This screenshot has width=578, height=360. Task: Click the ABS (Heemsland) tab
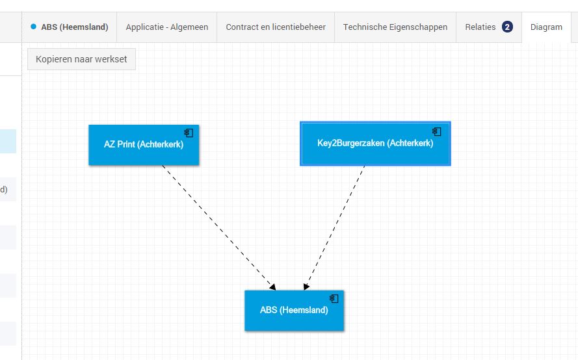tap(70, 27)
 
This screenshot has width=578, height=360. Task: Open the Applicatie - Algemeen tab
tap(167, 27)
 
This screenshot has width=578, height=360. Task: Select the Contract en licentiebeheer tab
tap(276, 27)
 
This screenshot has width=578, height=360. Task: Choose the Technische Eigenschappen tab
tap(395, 27)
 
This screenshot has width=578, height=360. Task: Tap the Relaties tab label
tap(480, 27)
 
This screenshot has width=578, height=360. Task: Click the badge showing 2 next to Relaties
tap(507, 27)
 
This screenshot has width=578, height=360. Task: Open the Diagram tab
tap(546, 27)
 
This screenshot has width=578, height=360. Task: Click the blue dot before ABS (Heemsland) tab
tap(34, 27)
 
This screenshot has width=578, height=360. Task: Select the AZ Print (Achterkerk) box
tap(144, 145)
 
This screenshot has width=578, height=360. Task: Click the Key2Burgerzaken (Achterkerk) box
tap(375, 144)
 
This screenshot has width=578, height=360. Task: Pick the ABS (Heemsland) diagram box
tap(294, 311)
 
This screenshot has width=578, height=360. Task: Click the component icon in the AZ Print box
tap(189, 133)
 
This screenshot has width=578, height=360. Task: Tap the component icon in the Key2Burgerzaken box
tap(437, 131)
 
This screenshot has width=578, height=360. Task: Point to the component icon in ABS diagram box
tap(334, 298)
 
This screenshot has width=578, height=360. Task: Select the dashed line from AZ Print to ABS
tap(219, 227)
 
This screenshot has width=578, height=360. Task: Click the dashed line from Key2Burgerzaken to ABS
tap(334, 227)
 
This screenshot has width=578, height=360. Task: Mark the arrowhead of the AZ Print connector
tap(273, 287)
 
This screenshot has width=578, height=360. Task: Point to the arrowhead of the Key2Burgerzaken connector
tap(306, 287)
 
